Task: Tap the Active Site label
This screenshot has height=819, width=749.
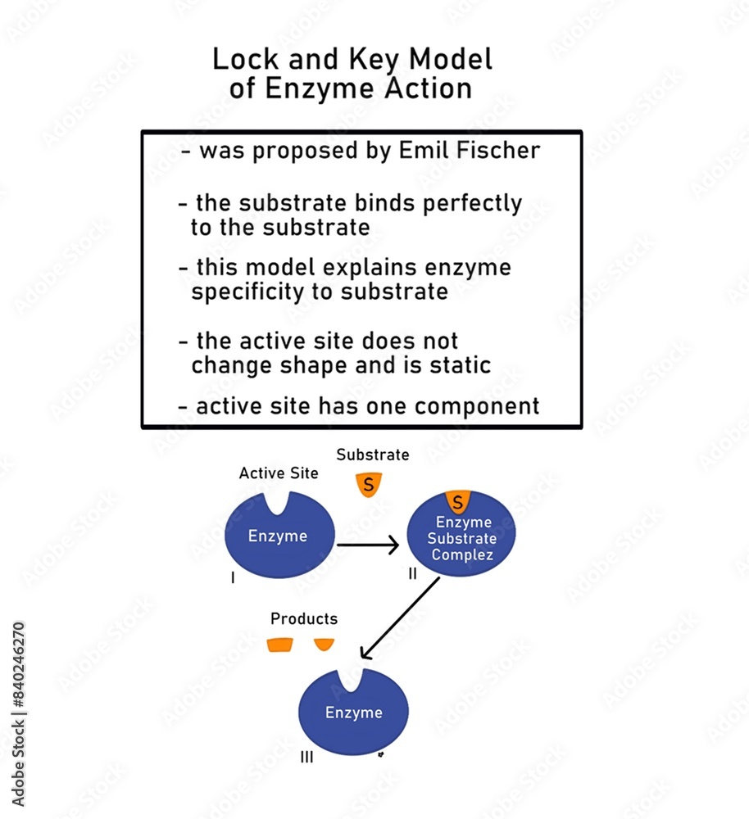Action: [x=279, y=473]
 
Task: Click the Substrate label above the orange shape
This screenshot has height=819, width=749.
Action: [x=373, y=455]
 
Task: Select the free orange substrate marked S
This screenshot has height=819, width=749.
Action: [x=369, y=485]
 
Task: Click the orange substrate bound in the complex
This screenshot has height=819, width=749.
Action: [x=457, y=500]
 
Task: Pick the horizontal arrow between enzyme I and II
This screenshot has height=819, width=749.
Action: [x=367, y=544]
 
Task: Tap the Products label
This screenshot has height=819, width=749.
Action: [x=304, y=619]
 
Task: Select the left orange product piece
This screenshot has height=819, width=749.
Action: [x=280, y=645]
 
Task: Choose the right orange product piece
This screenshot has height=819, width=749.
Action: [x=324, y=644]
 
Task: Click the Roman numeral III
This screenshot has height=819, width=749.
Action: [x=306, y=758]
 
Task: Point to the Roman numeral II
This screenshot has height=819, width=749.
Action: [x=413, y=574]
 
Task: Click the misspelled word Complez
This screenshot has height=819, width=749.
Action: [x=464, y=554]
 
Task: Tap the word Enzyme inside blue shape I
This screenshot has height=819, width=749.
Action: [x=278, y=536]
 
